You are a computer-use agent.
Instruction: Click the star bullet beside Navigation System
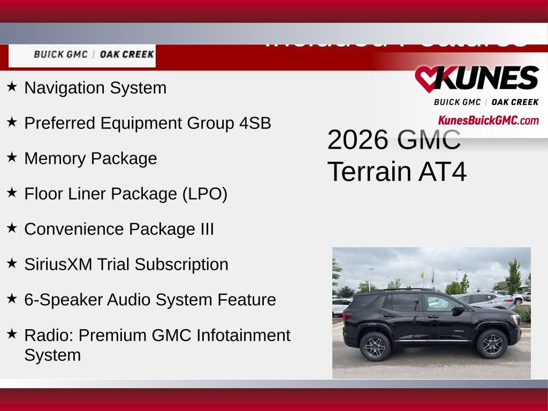point(12,86)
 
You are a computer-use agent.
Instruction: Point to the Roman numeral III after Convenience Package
point(207,229)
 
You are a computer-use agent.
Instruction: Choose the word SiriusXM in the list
point(58,264)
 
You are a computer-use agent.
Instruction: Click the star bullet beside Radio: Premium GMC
point(12,333)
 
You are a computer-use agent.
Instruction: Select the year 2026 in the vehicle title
point(357,140)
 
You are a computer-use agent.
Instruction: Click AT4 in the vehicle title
point(443,172)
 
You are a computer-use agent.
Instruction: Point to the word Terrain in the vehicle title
point(369,172)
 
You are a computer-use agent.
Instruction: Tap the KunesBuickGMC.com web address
point(488,120)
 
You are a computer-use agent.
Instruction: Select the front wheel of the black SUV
point(492,344)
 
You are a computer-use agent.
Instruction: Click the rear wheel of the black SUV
point(375,346)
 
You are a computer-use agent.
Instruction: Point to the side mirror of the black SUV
point(458,309)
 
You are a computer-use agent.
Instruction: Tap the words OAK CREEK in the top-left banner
point(127,55)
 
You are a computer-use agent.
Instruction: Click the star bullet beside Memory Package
point(12,157)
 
